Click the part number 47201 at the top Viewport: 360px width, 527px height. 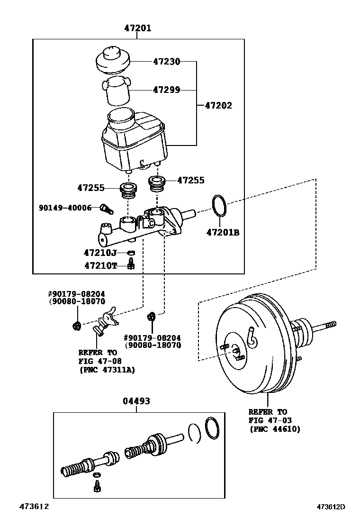[x=137, y=28]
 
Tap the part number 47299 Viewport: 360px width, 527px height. [x=166, y=90]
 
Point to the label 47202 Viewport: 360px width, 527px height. [x=218, y=106]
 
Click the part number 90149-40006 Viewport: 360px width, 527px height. [x=65, y=208]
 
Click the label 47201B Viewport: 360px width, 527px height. [x=223, y=232]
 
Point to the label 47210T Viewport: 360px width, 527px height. [x=100, y=265]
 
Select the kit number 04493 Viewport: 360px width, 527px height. [x=136, y=401]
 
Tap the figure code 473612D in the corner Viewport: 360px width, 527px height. [x=331, y=507]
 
